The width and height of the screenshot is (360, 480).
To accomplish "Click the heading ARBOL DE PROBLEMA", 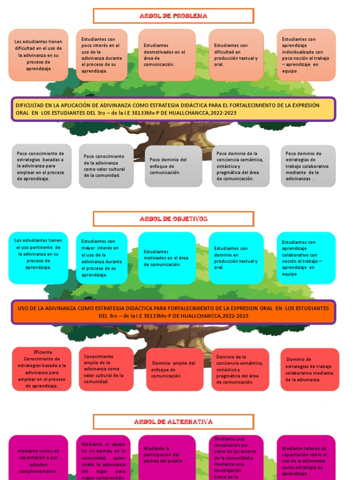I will click(x=173, y=16).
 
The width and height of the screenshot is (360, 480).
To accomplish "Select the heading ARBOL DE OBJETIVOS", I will click(x=173, y=219).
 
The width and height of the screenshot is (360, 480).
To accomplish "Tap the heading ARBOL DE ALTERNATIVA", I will click(x=173, y=422).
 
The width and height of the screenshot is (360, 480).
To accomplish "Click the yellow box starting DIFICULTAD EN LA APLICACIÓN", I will click(x=173, y=109).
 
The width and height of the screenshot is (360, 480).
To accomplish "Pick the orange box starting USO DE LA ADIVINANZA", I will click(x=173, y=312).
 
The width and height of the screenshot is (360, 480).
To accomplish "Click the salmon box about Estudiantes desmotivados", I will click(x=167, y=55).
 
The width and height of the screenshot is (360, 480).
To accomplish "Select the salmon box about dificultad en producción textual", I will click(x=236, y=55).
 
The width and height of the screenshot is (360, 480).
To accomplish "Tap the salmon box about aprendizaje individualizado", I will click(x=306, y=55).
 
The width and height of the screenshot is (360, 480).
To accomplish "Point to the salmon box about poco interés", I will click(x=101, y=55).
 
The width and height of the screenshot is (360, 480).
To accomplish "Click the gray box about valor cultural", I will click(x=106, y=166).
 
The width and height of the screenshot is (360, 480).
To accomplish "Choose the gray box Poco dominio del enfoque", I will click(x=173, y=166).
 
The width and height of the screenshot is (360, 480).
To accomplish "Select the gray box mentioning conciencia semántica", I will click(x=240, y=166).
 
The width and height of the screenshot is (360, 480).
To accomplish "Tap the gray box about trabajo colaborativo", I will click(x=308, y=166).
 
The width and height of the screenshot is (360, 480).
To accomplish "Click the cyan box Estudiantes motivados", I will click(x=167, y=258).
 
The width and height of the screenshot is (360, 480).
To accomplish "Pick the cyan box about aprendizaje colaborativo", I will click(x=306, y=258).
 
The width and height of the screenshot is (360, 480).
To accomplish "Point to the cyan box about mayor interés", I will click(x=101, y=258).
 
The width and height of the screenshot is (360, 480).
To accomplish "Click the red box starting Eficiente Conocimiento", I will click(x=42, y=369).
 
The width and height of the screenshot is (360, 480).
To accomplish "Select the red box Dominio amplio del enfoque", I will click(x=174, y=369).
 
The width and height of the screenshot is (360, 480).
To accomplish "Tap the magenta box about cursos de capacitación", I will click(x=38, y=457).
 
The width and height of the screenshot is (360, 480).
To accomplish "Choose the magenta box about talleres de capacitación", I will click(x=306, y=457).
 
